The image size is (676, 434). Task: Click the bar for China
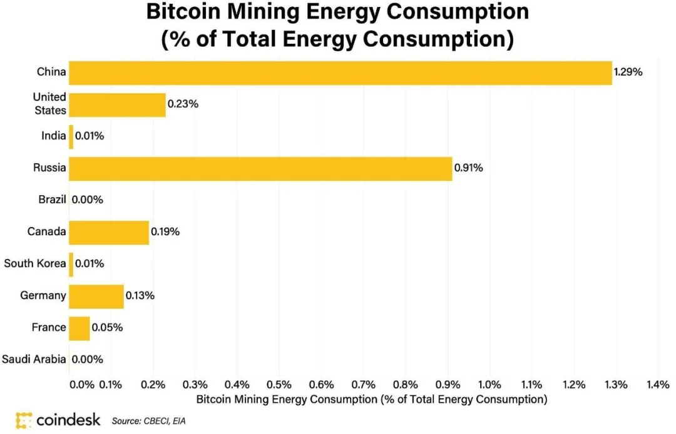(340, 73)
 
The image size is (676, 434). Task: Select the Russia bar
(260, 168)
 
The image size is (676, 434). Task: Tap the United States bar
(117, 104)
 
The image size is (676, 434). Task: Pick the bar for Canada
(109, 232)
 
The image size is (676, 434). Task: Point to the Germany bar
(96, 296)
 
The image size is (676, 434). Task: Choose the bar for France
(79, 328)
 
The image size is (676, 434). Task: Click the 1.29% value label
(628, 73)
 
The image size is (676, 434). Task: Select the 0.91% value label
(468, 168)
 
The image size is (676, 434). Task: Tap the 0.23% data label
(183, 104)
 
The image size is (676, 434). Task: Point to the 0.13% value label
(140, 296)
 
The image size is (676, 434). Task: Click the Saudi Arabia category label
(34, 360)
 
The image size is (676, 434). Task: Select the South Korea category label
(35, 264)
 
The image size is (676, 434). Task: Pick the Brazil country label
(51, 200)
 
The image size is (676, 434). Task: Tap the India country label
(54, 136)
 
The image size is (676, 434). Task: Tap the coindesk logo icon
(24, 420)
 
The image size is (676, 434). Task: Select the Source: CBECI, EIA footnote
(148, 421)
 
